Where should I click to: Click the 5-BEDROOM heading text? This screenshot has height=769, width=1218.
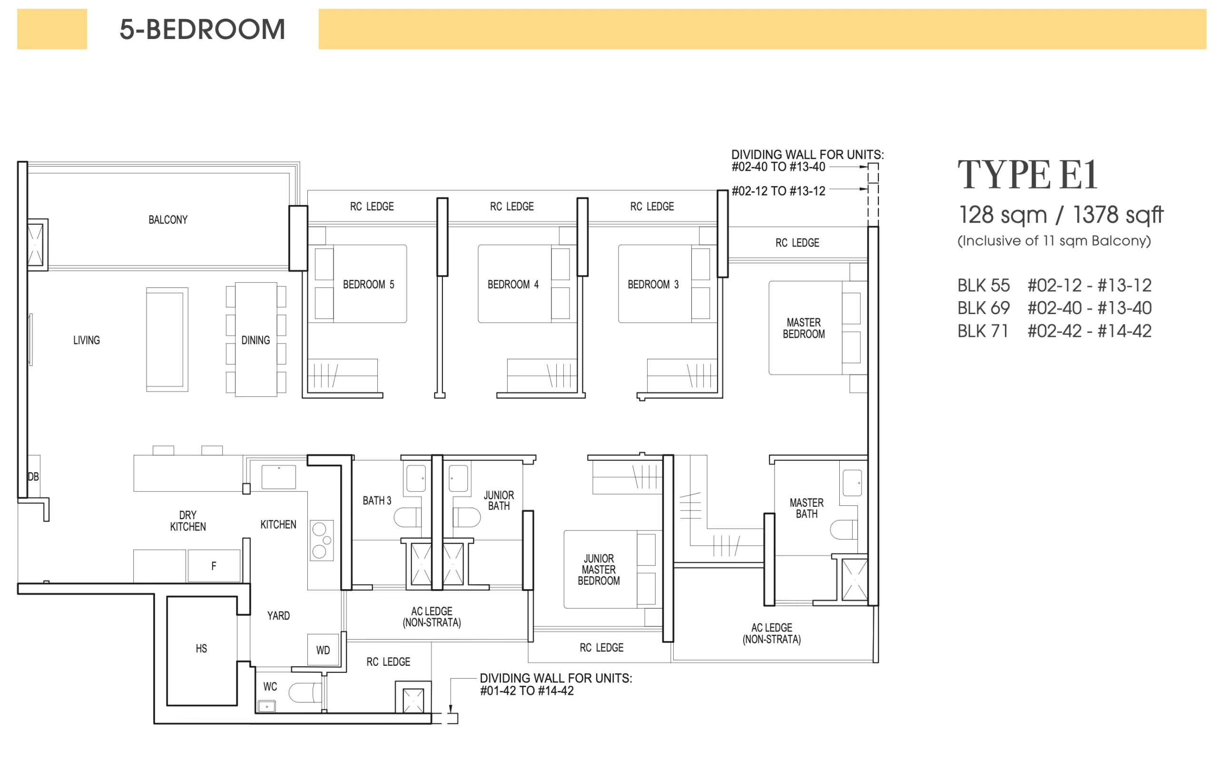click(x=202, y=30)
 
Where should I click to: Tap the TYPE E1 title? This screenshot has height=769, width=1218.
click(x=1027, y=175)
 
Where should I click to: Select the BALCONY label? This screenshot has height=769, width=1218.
click(x=168, y=219)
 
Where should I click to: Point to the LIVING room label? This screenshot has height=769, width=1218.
click(x=87, y=340)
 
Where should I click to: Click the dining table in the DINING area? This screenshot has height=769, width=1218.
click(x=256, y=339)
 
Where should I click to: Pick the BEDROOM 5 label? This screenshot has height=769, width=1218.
click(x=368, y=284)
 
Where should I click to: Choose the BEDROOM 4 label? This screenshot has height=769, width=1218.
click(x=513, y=284)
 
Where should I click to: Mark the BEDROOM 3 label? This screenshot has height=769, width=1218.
click(x=653, y=284)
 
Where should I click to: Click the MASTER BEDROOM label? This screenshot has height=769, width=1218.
click(x=804, y=328)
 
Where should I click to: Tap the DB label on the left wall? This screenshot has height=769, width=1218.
click(x=33, y=476)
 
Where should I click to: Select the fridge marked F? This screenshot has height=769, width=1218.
click(x=214, y=566)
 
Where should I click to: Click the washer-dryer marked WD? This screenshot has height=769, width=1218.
click(x=323, y=650)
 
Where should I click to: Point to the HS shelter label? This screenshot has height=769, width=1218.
click(x=201, y=649)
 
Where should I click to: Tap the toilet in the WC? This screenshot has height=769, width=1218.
click(x=305, y=692)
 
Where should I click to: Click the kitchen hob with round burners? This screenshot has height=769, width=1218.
click(x=322, y=540)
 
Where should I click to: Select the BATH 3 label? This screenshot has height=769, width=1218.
click(x=377, y=500)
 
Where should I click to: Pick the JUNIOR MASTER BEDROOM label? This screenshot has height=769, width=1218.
click(x=599, y=570)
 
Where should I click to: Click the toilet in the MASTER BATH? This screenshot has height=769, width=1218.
click(x=844, y=530)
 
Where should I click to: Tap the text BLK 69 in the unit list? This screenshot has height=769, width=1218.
click(x=983, y=307)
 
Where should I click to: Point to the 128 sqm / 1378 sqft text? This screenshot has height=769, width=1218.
click(x=1061, y=215)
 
